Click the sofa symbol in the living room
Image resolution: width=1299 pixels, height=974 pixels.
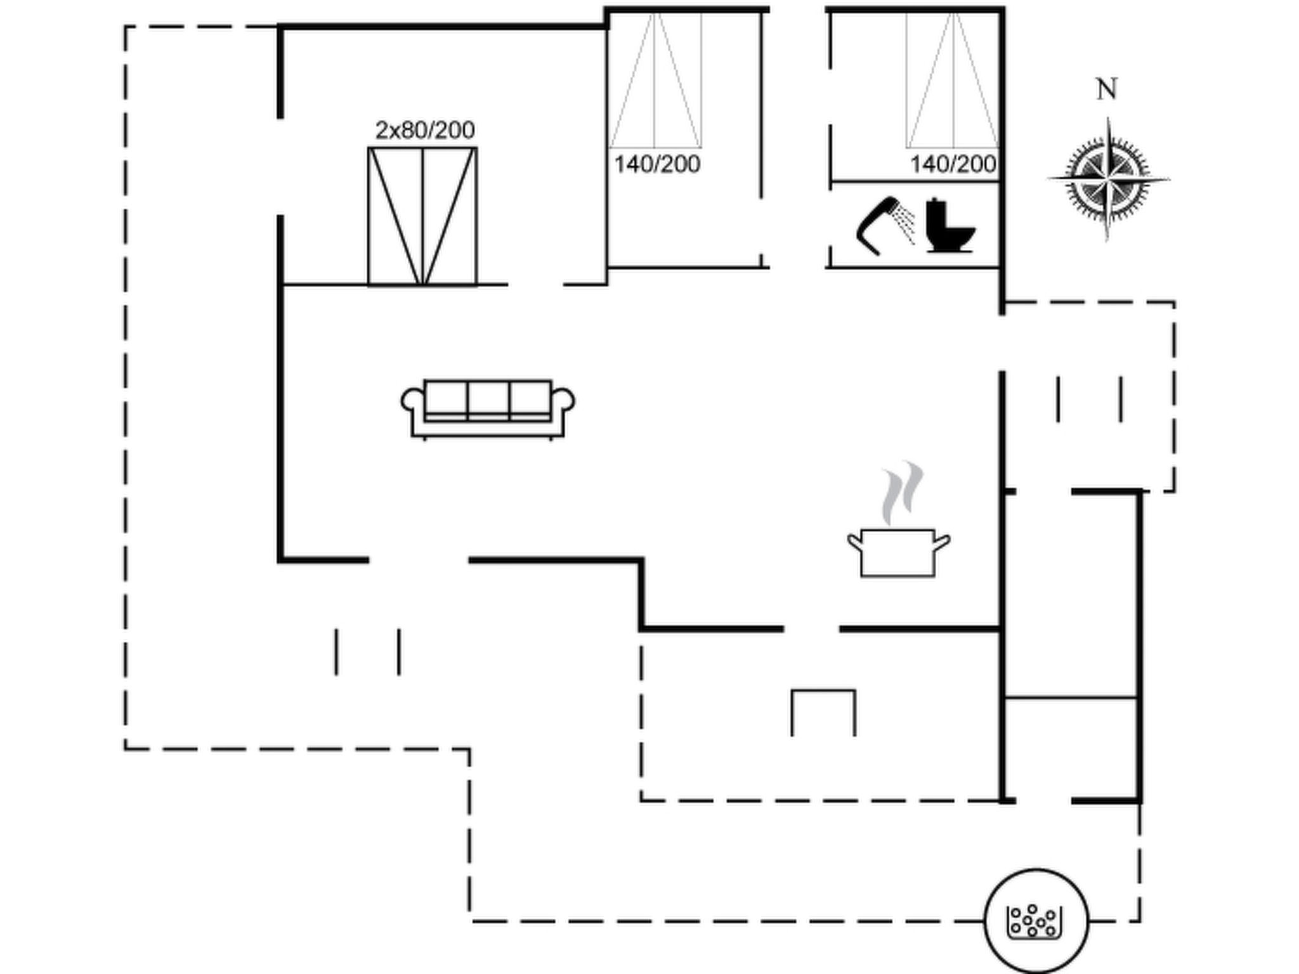pyautogui.click(x=488, y=408)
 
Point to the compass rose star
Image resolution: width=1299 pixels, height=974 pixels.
pyautogui.click(x=1107, y=179)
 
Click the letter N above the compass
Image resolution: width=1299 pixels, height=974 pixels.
pyautogui.click(x=1107, y=89)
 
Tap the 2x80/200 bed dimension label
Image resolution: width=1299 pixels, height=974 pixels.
pyautogui.click(x=424, y=131)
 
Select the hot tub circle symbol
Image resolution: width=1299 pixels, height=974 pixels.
pyautogui.click(x=1036, y=920)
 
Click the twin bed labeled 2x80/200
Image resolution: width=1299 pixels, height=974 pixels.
pyautogui.click(x=422, y=216)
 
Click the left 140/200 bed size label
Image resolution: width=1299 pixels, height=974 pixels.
pyautogui.click(x=657, y=164)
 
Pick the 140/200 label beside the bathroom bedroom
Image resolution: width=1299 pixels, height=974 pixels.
pyautogui.click(x=953, y=164)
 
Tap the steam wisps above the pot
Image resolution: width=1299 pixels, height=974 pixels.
pyautogui.click(x=901, y=492)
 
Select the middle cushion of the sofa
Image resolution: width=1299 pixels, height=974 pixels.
pyautogui.click(x=488, y=399)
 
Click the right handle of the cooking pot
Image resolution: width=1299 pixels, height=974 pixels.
pyautogui.click(x=942, y=542)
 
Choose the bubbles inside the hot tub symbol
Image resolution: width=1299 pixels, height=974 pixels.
pyautogui.click(x=1034, y=920)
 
